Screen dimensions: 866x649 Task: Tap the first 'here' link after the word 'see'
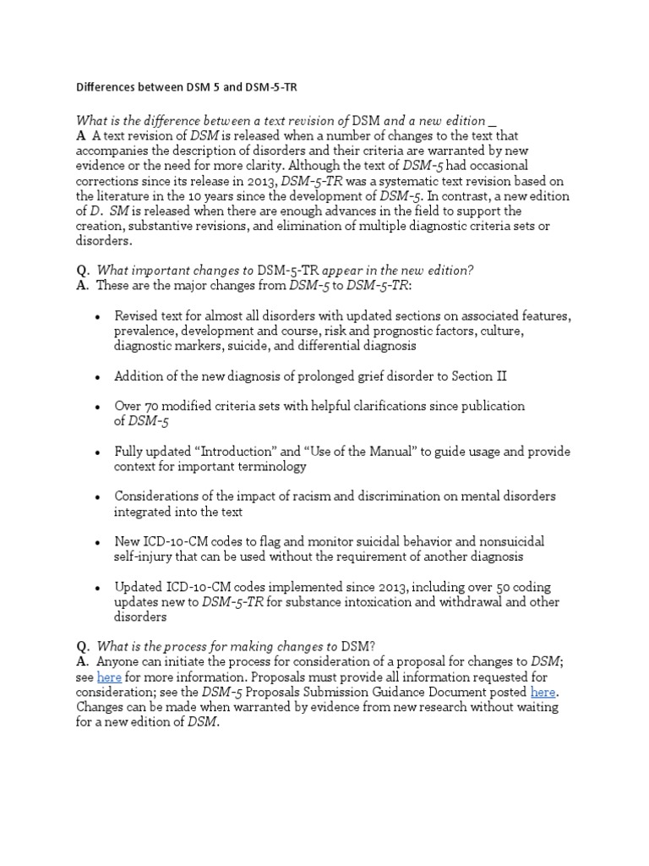point(109,677)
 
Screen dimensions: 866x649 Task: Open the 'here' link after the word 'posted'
point(543,692)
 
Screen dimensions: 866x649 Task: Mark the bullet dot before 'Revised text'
point(98,317)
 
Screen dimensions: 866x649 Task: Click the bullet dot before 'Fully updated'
point(98,452)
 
